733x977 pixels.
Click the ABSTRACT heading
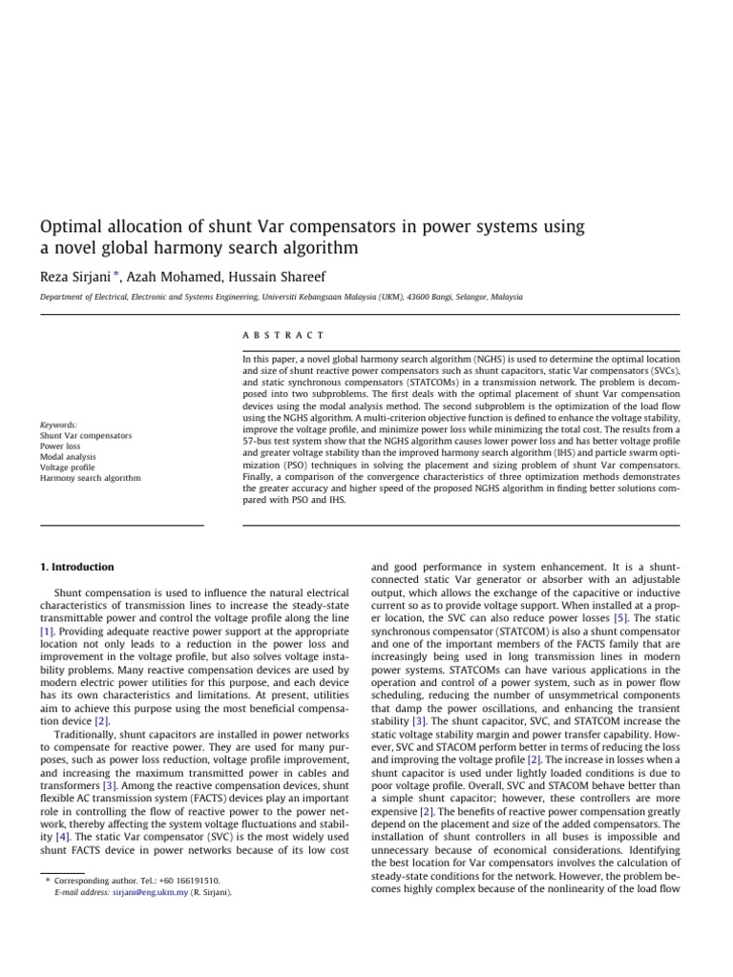click(283, 335)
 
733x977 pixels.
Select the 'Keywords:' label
click(59, 425)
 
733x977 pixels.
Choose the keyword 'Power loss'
click(60, 447)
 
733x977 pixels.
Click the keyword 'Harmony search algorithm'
click(90, 478)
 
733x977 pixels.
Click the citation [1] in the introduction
click(47, 632)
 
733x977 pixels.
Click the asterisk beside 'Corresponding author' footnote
click(48, 880)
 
